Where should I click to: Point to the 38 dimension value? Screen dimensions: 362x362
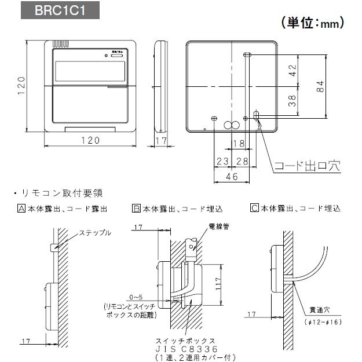(x=292, y=102)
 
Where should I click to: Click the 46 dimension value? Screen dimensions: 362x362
(x=232, y=177)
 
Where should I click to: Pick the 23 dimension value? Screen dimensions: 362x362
(x=222, y=160)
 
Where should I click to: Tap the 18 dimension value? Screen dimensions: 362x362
(x=238, y=143)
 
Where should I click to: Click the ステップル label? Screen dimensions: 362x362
(x=95, y=233)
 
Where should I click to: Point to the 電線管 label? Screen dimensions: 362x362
(x=218, y=226)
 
